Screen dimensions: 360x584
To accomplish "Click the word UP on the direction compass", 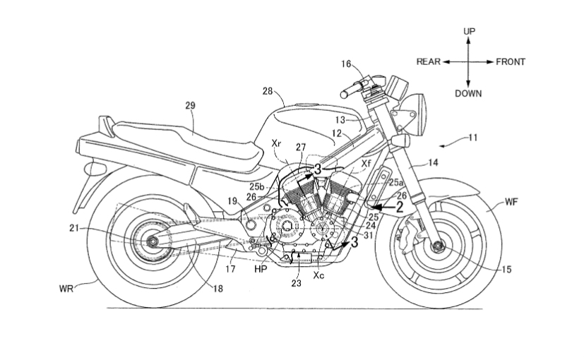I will (469, 32).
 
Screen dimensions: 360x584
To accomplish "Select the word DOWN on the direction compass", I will (468, 92).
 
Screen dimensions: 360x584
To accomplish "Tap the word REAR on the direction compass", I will (428, 62).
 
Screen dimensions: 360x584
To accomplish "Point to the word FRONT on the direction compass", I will (510, 62).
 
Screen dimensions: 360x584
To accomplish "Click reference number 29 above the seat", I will (190, 105).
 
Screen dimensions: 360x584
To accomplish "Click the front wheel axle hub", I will (437, 246).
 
